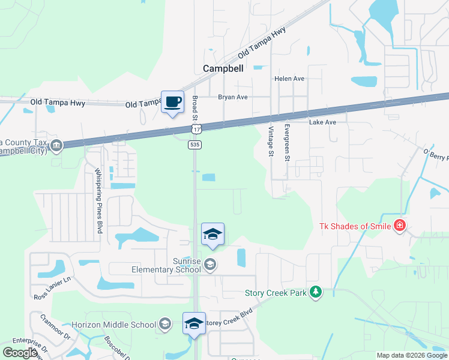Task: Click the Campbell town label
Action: click(223, 68)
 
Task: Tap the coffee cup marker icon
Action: click(173, 102)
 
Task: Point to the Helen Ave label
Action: click(289, 79)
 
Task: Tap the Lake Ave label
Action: click(322, 122)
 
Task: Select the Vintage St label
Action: click(271, 142)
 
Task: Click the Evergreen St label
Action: click(288, 142)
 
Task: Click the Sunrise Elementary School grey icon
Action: click(210, 264)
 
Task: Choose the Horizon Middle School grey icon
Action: click(164, 325)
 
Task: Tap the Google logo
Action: click(20, 353)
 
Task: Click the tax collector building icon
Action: click(56, 145)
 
